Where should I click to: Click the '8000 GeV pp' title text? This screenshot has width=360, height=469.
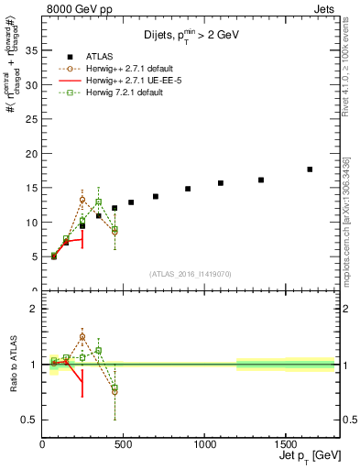(78, 8)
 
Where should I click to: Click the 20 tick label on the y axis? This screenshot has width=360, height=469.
(30, 153)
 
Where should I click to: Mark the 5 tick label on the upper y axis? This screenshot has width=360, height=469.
(33, 256)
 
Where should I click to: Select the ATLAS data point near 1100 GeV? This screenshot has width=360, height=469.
(221, 183)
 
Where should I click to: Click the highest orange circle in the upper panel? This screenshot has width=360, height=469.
(82, 200)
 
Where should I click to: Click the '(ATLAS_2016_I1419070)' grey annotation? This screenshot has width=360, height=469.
(191, 273)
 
